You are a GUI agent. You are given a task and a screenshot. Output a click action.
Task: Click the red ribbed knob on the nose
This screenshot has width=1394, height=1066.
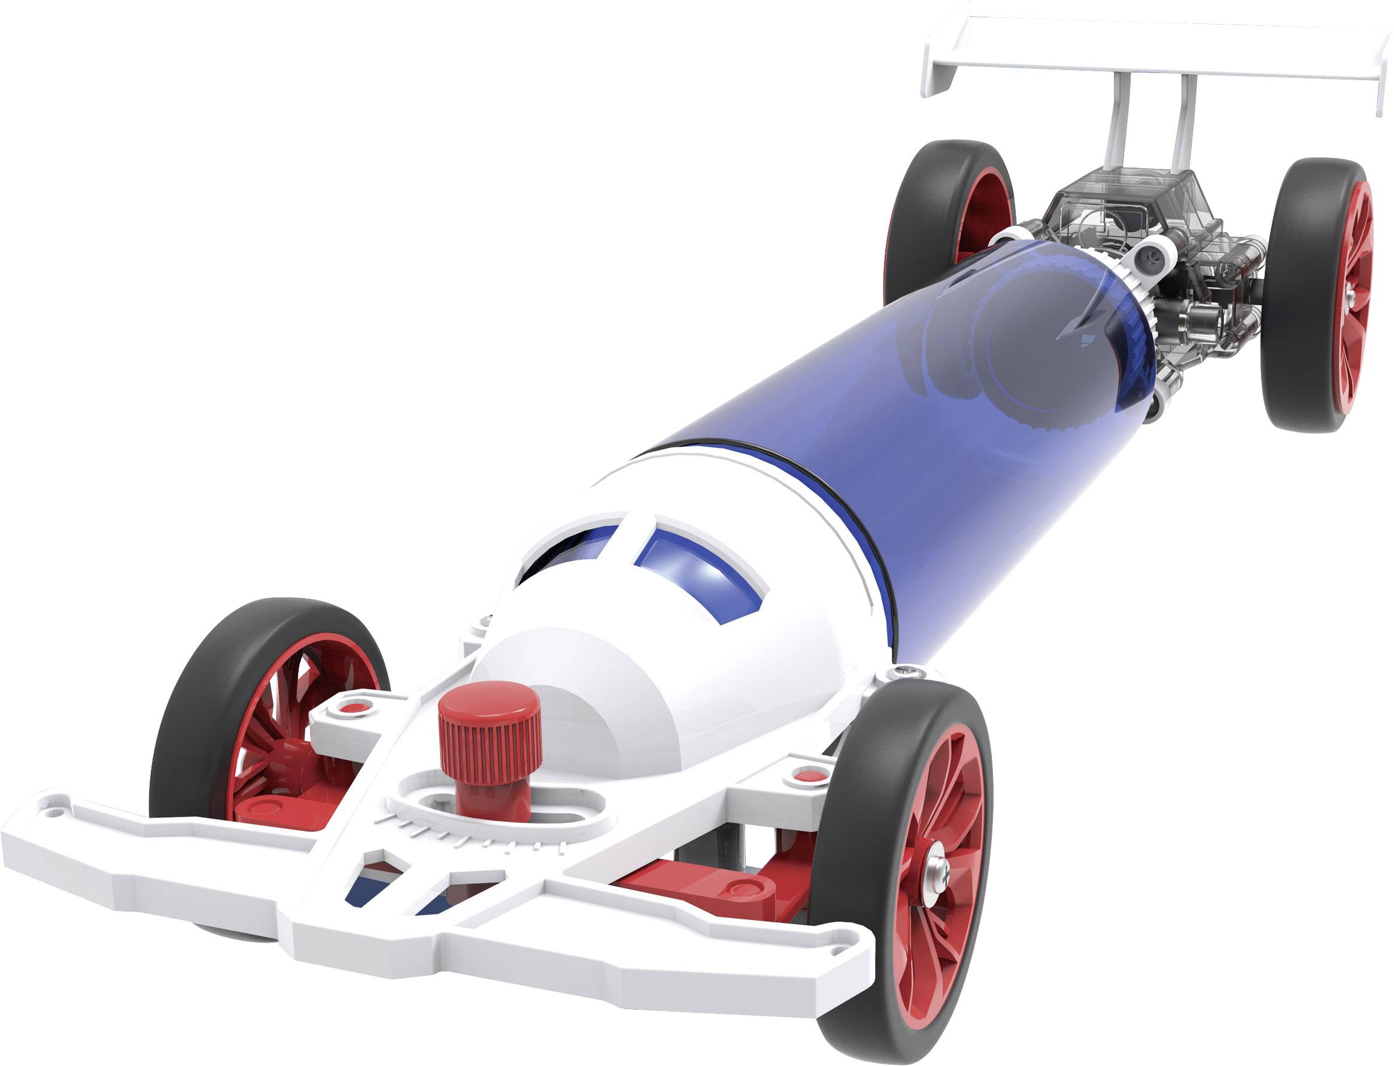click(489, 729)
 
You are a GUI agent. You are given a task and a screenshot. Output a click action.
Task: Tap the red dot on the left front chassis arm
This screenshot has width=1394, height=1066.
click(351, 706)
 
